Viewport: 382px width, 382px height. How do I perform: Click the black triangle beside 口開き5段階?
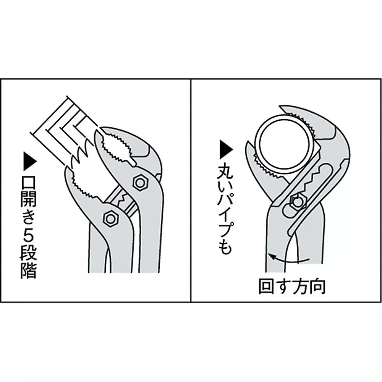click(x=29, y=161)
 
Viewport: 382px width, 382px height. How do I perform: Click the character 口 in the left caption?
click(x=29, y=180)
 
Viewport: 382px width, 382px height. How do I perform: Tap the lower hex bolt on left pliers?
click(x=111, y=218)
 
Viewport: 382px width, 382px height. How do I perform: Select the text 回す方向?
click(x=292, y=287)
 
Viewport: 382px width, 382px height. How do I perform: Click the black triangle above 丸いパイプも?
click(x=226, y=150)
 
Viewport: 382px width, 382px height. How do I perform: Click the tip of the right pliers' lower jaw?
click(x=248, y=141)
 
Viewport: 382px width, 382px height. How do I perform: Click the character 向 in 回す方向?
click(x=317, y=287)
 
